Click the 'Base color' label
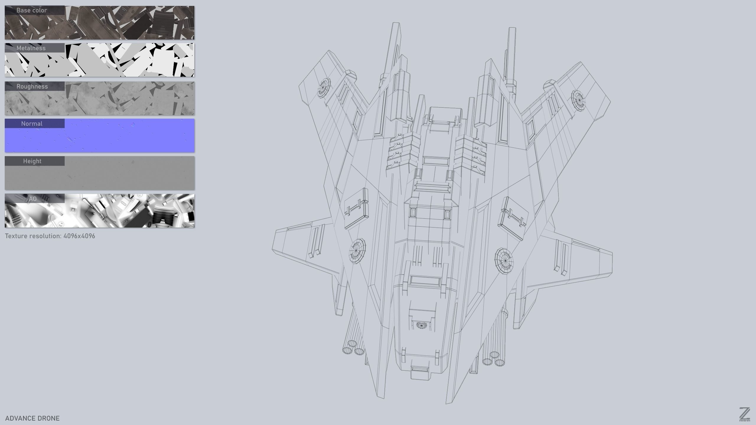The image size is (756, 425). point(32,10)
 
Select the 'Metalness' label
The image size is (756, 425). point(31,48)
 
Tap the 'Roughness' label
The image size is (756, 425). point(32,86)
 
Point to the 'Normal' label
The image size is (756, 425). point(32,124)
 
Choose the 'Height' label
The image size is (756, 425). point(32,161)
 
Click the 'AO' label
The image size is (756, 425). point(32,199)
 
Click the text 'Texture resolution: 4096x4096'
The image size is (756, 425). point(50,236)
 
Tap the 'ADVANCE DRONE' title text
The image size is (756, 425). point(32,418)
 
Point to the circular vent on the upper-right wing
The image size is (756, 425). point(578,100)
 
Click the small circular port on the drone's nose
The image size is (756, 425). point(421,325)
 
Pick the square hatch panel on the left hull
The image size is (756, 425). point(356,209)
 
